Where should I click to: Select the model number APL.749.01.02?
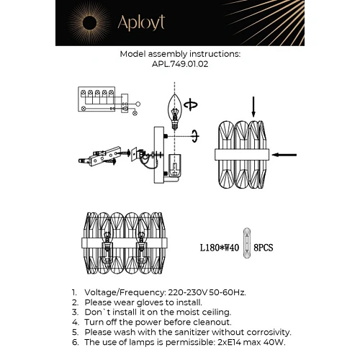pyautogui.click(x=179, y=63)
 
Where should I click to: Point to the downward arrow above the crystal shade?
pyautogui.click(x=252, y=107)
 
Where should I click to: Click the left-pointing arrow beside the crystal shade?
pyautogui.click(x=286, y=154)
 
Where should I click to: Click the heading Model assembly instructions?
pyautogui.click(x=180, y=54)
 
